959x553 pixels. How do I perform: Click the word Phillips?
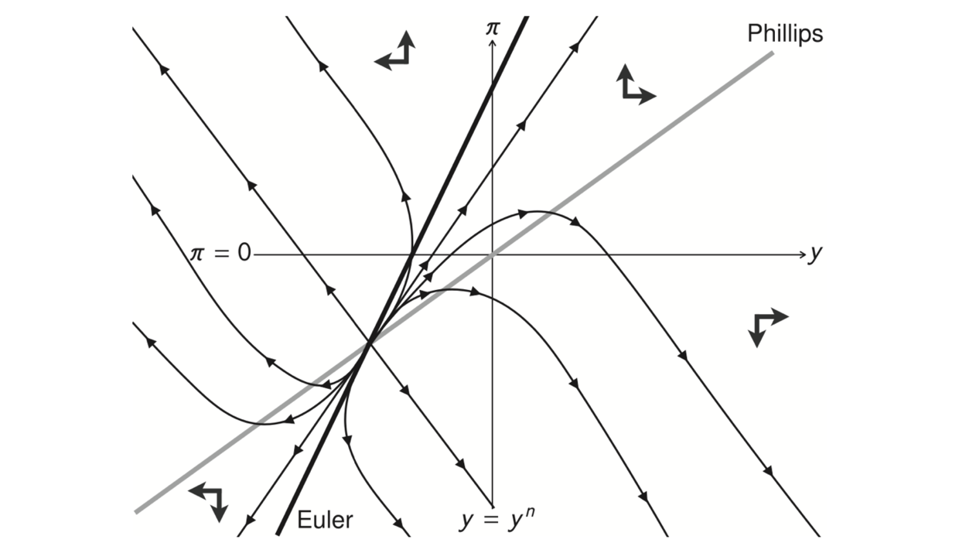coord(785,34)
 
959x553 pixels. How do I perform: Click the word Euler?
coord(325,520)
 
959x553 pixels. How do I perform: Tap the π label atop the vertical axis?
coord(493,28)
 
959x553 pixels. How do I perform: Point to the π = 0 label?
coord(220,254)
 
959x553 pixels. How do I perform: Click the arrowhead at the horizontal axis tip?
coord(803,254)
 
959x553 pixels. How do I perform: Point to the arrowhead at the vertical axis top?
coord(493,43)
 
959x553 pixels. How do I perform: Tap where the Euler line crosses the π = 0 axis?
coord(412,254)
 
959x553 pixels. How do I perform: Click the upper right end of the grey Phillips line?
coord(772,53)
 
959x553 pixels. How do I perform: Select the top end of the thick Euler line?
coord(527,17)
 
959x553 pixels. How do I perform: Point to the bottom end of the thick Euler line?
coord(278,533)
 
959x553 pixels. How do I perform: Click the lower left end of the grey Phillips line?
coord(136,511)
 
